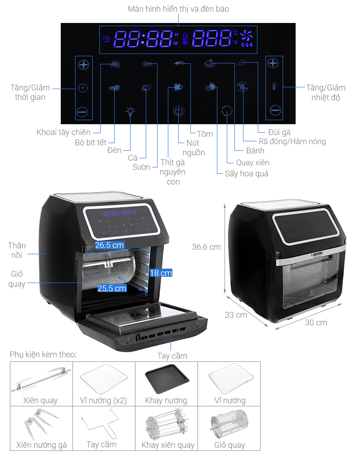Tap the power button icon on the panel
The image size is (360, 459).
click(179, 111)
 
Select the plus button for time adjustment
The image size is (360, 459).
click(84, 64)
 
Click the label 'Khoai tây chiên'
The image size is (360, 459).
click(63, 132)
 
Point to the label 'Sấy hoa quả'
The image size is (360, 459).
click(247, 174)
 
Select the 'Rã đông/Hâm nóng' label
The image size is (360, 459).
click(292, 141)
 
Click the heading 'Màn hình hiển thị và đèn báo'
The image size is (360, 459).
click(178, 9)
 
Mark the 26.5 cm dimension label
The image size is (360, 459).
click(109, 245)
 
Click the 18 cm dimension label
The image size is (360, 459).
click(161, 273)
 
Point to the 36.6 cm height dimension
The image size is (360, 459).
click(206, 247)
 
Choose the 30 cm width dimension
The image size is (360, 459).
click(315, 323)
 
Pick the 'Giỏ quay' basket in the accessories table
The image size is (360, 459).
click(229, 425)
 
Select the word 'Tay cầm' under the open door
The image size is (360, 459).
click(172, 356)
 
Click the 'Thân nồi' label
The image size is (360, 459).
click(17, 250)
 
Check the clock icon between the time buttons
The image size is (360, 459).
click(84, 88)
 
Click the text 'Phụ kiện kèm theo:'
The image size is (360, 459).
click(43, 355)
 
